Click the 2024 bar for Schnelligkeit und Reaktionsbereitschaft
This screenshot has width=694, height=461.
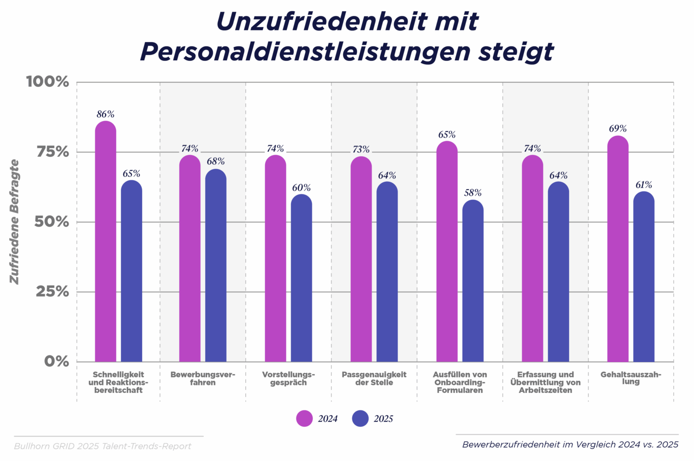click(106, 241)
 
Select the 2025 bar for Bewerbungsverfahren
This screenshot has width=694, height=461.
click(216, 265)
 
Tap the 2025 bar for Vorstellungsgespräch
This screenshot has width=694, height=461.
click(302, 278)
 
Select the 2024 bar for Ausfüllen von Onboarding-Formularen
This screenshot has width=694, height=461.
click(447, 251)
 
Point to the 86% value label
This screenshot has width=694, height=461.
click(106, 114)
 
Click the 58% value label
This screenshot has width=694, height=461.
click(473, 193)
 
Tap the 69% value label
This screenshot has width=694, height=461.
click(618, 129)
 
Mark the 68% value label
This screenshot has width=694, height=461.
click(216, 162)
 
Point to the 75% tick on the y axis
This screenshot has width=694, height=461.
click(53, 152)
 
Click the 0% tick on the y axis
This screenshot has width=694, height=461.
click(56, 361)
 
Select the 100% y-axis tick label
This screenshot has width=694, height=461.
click(48, 81)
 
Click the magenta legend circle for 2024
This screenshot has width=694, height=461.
click(305, 419)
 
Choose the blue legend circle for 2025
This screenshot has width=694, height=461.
click(360, 419)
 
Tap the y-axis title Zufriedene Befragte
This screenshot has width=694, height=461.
click(15, 222)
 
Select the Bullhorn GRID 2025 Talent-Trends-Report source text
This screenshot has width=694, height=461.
click(103, 447)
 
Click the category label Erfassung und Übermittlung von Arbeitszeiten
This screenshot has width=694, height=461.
click(546, 382)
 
